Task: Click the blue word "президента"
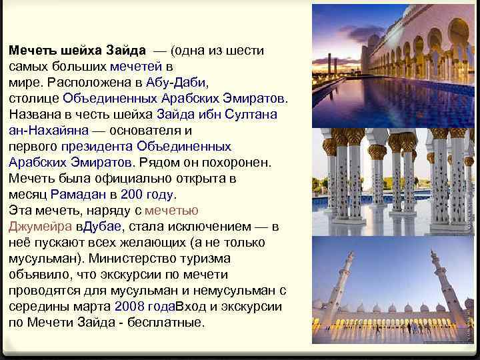[x=97, y=147]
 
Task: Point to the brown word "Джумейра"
[x=37, y=227]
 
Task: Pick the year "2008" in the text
[x=127, y=307]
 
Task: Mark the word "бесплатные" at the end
[x=168, y=323]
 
